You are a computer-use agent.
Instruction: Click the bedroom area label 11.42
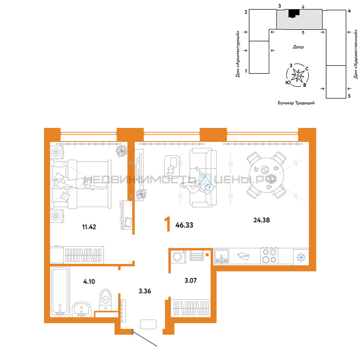(89, 227)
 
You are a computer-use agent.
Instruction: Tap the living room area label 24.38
(261, 220)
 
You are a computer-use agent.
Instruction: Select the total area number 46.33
(184, 225)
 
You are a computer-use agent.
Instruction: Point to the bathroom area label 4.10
(89, 282)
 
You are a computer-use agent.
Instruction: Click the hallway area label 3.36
(145, 291)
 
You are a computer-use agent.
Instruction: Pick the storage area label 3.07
(190, 280)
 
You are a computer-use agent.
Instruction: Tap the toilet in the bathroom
(105, 300)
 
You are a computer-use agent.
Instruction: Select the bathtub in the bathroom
(60, 292)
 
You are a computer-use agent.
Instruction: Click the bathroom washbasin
(82, 310)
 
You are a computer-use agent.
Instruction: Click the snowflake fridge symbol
(301, 257)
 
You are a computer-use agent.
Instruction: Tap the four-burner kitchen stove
(269, 256)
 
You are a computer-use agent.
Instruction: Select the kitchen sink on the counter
(221, 256)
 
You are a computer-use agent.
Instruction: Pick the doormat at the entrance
(148, 324)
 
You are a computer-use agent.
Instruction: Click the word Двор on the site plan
(298, 47)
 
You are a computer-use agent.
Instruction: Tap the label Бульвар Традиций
(296, 103)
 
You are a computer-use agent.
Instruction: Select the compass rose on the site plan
(298, 75)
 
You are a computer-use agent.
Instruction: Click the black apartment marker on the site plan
(294, 13)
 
